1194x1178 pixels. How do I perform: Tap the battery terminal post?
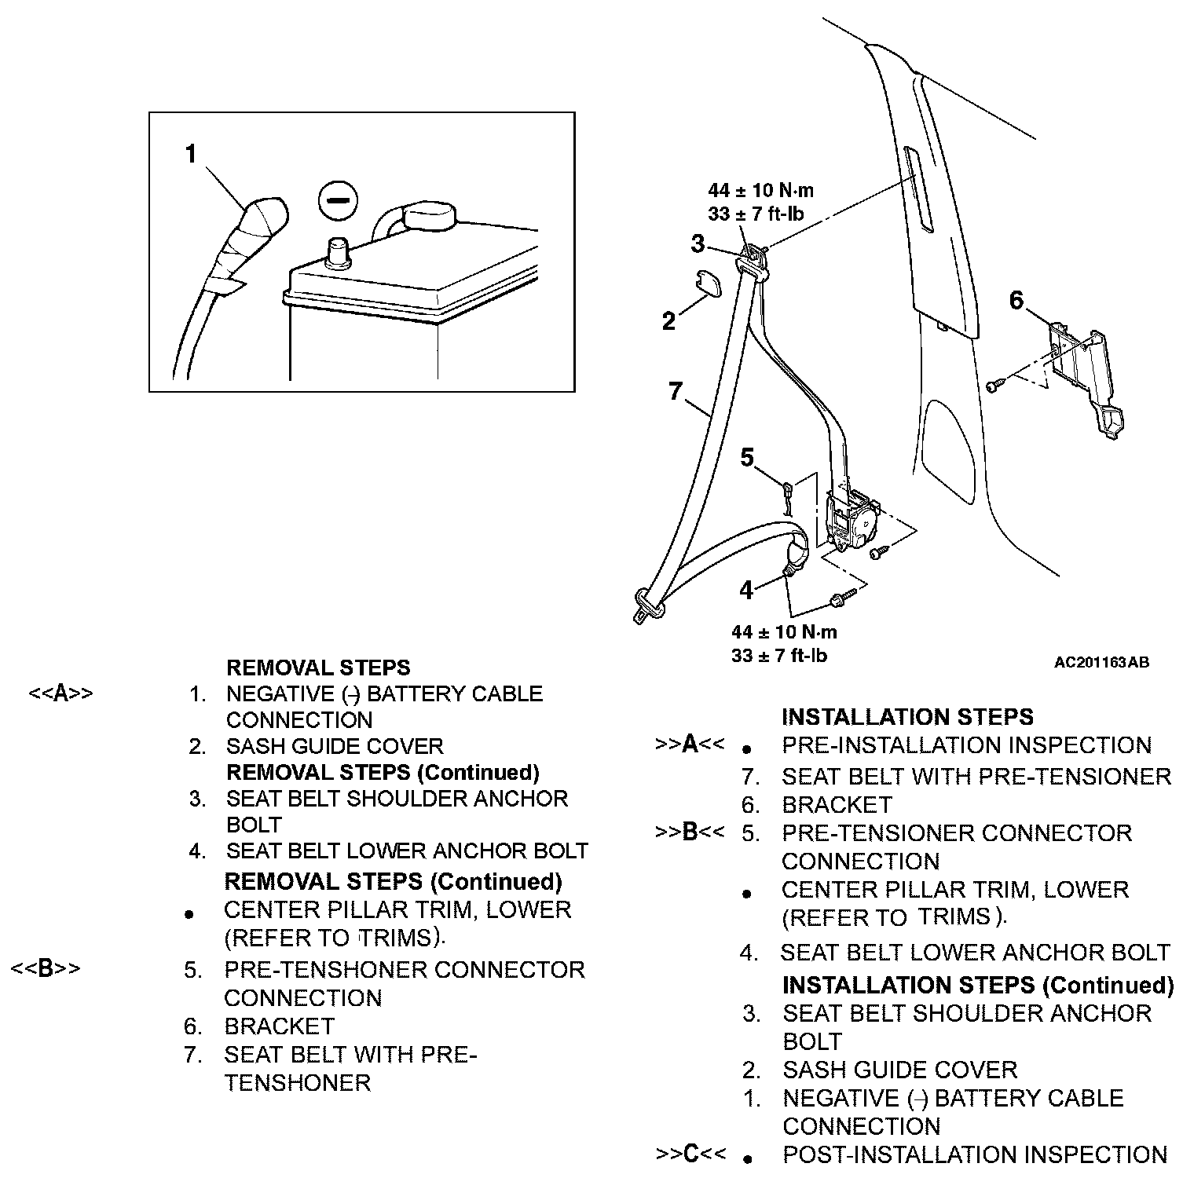tap(339, 253)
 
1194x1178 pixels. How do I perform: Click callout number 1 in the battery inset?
tap(190, 154)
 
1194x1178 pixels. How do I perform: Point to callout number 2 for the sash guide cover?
tap(668, 321)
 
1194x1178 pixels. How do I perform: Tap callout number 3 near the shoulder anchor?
tap(698, 244)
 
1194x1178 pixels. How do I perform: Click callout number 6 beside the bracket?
tap(1016, 300)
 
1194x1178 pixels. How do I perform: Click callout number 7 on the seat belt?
tap(676, 390)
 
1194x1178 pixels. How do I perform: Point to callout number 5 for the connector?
tap(747, 457)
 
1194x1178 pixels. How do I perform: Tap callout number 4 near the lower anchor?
tap(746, 591)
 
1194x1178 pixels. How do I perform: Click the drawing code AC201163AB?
tap(1101, 662)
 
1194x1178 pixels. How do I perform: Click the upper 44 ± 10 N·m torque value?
tap(760, 190)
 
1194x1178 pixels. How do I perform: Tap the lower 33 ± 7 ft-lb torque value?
tap(779, 655)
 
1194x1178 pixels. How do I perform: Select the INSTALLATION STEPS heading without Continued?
tap(907, 716)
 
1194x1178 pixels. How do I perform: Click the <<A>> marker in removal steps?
tap(60, 693)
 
